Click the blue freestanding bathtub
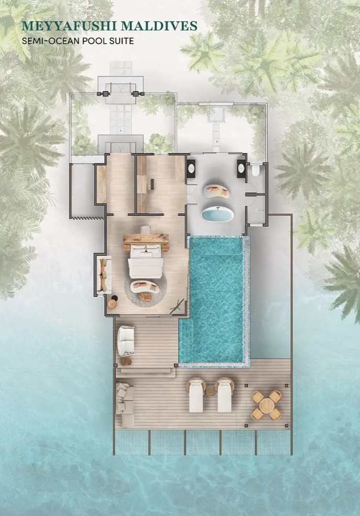[x=217, y=214]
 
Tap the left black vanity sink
[x=191, y=169]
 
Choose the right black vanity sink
[x=241, y=169]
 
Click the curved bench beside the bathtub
[x=216, y=192]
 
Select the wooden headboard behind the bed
[x=146, y=238]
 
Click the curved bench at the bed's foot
[x=145, y=287]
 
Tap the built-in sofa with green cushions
[x=104, y=275]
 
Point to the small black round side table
[x=114, y=298]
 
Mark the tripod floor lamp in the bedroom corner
[x=177, y=306]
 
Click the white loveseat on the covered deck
[x=126, y=341]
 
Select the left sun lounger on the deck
[x=196, y=395]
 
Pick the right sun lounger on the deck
[x=224, y=395]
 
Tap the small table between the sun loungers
[x=210, y=390]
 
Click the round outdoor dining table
[x=267, y=405]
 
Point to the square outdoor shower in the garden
[x=216, y=114]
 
